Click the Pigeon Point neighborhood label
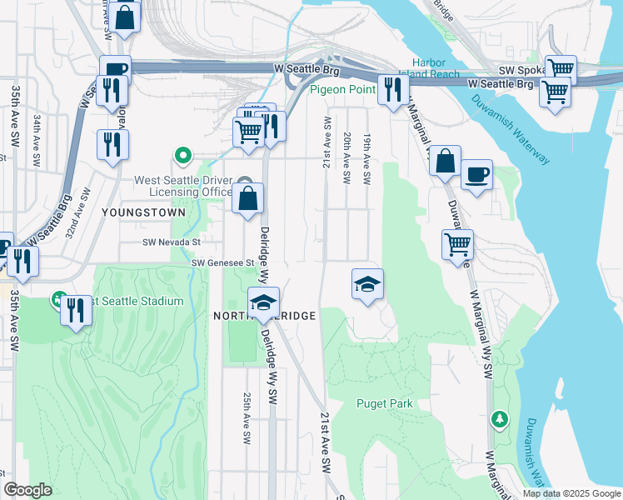[x=341, y=90]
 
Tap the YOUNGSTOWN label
[x=132, y=212]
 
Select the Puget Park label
[x=385, y=404]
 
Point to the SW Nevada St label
[x=172, y=242]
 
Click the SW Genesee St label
[x=222, y=262]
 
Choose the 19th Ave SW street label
[x=366, y=157]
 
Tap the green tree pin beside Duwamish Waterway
[x=499, y=418]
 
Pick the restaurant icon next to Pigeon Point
[x=391, y=88]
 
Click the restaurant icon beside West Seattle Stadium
[x=77, y=311]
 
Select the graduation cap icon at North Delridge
[x=263, y=302]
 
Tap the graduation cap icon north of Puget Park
[x=367, y=284]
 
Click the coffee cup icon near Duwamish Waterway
[x=476, y=175]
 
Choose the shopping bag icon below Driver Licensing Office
[x=247, y=198]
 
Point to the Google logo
[x=27, y=490]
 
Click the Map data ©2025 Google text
[x=571, y=493]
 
